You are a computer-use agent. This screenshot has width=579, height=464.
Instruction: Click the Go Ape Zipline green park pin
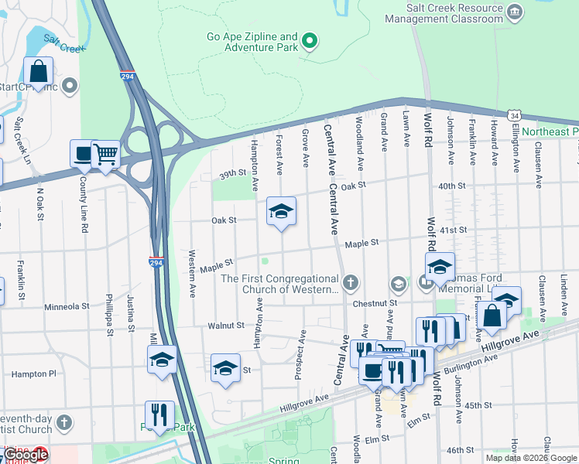(x=310, y=41)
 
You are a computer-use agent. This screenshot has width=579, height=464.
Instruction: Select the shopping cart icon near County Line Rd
(x=105, y=153)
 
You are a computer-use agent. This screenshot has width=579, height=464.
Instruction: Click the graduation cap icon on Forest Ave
(x=281, y=211)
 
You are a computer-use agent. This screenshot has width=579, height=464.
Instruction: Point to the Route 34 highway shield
(x=514, y=115)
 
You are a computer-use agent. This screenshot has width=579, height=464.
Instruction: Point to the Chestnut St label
(x=369, y=304)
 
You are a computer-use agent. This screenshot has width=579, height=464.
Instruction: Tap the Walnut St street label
(x=225, y=326)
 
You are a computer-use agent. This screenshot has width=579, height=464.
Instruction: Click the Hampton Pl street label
(x=34, y=374)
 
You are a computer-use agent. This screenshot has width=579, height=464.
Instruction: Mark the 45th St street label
(x=478, y=405)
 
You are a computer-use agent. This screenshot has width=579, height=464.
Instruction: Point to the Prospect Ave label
(x=298, y=358)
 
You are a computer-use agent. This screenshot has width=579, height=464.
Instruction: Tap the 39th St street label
(x=231, y=175)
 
